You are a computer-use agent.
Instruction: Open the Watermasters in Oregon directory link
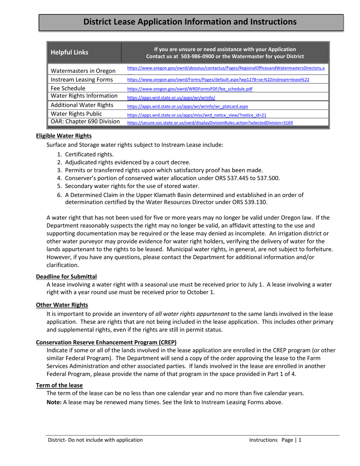tap(225, 68)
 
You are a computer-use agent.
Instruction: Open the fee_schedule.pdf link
tap(189, 89)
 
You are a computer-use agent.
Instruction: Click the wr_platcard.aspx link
tap(187, 106)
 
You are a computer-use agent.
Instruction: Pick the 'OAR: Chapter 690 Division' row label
tap(85, 122)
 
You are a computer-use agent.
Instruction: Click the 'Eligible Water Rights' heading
tap(63, 136)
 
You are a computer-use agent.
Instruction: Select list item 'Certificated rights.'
tap(89, 154)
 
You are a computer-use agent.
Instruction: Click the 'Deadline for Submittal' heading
tap(66, 277)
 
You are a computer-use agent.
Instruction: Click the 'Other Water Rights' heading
tap(62, 305)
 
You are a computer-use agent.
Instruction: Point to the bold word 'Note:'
tap(54, 402)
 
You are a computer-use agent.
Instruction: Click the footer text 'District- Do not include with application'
tap(95, 440)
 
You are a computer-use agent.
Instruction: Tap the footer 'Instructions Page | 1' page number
tap(275, 440)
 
